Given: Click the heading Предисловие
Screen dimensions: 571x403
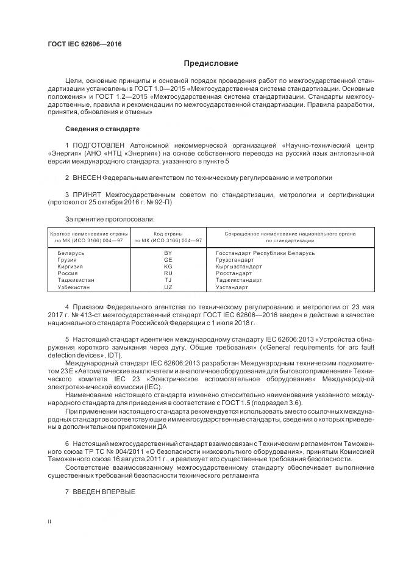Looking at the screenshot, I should click(x=212, y=63).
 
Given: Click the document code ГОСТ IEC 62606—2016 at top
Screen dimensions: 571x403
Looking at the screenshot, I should click(x=84, y=43).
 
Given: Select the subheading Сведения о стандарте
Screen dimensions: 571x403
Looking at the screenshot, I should click(x=102, y=129).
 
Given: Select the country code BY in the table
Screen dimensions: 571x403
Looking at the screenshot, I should click(x=168, y=253).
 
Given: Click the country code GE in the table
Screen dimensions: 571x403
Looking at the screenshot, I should click(x=168, y=259).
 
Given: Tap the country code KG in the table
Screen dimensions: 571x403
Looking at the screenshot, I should click(x=168, y=267).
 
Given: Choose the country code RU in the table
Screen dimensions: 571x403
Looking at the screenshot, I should click(x=168, y=273).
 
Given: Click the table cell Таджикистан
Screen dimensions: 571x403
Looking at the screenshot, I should click(x=75, y=280).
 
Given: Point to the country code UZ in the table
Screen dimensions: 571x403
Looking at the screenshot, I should click(x=168, y=287).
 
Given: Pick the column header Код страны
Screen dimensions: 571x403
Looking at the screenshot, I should click(x=168, y=234).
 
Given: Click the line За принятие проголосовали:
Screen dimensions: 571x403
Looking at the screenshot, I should click(x=109, y=218).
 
